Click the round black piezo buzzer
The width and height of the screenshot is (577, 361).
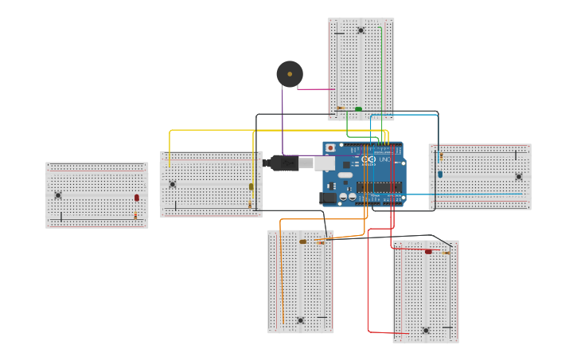pyautogui.click(x=290, y=74)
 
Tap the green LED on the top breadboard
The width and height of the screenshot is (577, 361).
pyautogui.click(x=358, y=109)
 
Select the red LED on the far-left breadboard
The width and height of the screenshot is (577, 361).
pyautogui.click(x=136, y=198)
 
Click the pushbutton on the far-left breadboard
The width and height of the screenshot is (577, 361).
pyautogui.click(x=58, y=195)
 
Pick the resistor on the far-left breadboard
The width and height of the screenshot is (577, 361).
pyautogui.click(x=135, y=215)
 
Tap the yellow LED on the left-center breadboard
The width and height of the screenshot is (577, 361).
pyautogui.click(x=251, y=186)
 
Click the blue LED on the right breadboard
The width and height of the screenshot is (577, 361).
pyautogui.click(x=440, y=174)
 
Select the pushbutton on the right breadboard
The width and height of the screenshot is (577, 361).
pyautogui.click(x=518, y=177)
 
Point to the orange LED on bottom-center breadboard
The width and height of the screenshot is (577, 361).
pyautogui.click(x=302, y=241)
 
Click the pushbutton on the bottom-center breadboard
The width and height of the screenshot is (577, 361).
pyautogui.click(x=300, y=320)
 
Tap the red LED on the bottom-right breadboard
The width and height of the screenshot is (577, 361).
pyautogui.click(x=428, y=252)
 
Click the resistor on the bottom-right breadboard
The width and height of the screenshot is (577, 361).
pyautogui.click(x=446, y=253)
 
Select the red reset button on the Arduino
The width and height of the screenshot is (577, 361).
pyautogui.click(x=330, y=148)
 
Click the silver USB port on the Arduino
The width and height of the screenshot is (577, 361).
pyautogui.click(x=324, y=163)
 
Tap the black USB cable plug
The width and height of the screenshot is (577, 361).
pyautogui.click(x=283, y=163)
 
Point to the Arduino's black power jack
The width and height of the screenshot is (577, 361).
pyautogui.click(x=327, y=198)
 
